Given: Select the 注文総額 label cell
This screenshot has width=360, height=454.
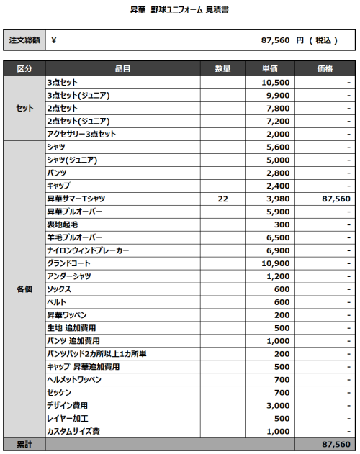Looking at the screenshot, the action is (24, 40).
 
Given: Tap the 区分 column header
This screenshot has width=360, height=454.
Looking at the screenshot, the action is (24, 69).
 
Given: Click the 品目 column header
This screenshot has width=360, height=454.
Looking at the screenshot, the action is (122, 69).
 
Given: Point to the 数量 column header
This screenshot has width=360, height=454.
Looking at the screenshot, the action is (222, 69).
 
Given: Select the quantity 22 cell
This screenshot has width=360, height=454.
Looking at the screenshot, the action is (222, 199).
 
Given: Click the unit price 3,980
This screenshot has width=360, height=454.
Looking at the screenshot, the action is (276, 199).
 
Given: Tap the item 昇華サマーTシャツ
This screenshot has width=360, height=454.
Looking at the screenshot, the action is (77, 199).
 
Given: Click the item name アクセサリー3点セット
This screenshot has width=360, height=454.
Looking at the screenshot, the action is (81, 134).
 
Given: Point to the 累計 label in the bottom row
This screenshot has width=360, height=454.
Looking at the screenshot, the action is (24, 445).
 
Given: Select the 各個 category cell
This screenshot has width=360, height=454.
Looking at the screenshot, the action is (24, 289).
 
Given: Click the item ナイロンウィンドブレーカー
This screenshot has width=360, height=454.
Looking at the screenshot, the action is (89, 250).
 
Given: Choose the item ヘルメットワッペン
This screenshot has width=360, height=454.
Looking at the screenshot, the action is (74, 379).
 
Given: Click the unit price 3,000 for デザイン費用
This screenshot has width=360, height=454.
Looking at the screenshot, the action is (276, 406).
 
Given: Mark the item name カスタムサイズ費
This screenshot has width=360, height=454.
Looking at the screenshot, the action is (73, 431).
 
